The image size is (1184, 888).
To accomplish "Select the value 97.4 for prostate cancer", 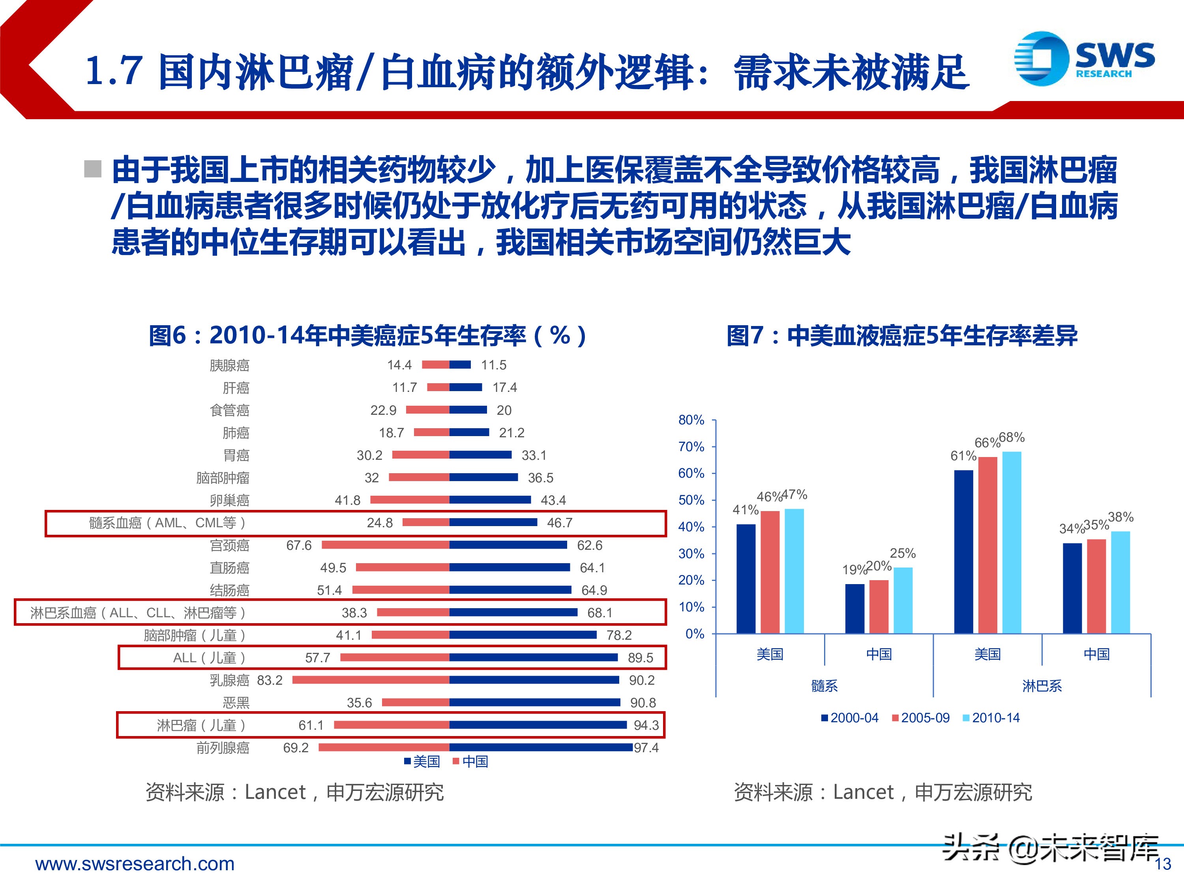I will [x=646, y=748].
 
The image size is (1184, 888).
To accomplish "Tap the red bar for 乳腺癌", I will [x=371, y=680].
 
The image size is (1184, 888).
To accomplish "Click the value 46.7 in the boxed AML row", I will [x=559, y=523].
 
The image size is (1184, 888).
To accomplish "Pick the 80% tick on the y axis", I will [x=691, y=420].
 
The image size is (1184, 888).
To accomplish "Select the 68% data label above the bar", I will [x=1012, y=437].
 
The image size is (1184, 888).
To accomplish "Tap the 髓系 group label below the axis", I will [x=824, y=686].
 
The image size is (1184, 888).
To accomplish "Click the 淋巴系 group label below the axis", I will [x=1042, y=686].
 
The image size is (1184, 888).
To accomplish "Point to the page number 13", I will [x=1163, y=864].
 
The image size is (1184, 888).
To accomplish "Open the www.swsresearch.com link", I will [x=135, y=864].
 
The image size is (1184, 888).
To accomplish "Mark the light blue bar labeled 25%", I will [x=903, y=600].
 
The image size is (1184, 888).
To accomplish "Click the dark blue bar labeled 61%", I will [x=963, y=551].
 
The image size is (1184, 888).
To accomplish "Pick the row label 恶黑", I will [x=236, y=703].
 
